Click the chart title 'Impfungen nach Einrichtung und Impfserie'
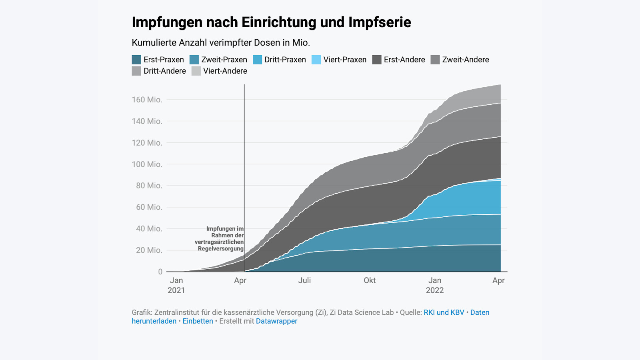tap(271, 22)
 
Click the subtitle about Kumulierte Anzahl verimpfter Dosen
tap(221, 43)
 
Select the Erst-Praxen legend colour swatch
tap(136, 60)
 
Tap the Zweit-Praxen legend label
tap(224, 60)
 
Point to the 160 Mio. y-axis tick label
tap(147, 100)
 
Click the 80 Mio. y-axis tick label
tap(149, 186)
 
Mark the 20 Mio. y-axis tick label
tap(149, 250)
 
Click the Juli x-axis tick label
tap(304, 280)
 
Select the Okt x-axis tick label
tap(370, 280)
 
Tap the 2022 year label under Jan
tap(435, 290)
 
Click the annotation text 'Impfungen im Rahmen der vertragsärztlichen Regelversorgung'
tap(220, 239)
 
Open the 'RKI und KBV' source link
tap(444, 312)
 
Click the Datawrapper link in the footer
tap(276, 321)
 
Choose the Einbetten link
tap(198, 321)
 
